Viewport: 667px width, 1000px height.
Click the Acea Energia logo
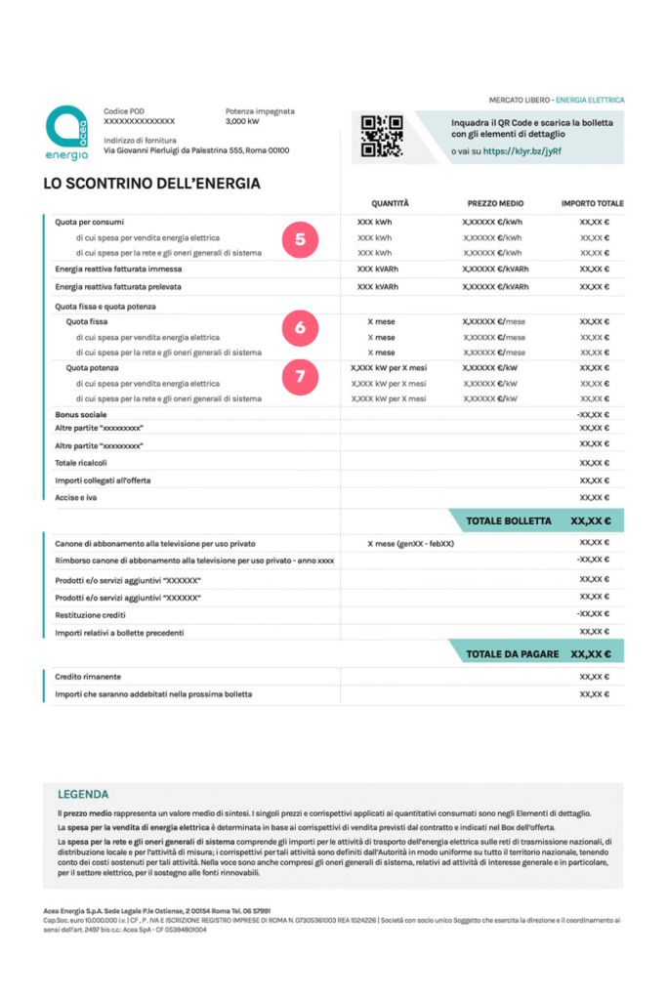[65, 133]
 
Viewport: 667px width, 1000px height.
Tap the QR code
[382, 136]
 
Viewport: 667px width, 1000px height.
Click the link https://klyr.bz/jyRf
[521, 152]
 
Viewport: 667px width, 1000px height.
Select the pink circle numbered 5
[300, 238]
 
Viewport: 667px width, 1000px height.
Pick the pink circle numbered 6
[300, 329]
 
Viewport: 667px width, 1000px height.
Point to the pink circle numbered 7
[300, 376]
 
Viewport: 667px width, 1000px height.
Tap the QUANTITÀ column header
[390, 203]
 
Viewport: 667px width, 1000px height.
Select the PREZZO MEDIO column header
[495, 203]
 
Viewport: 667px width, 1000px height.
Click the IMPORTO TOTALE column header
[592, 203]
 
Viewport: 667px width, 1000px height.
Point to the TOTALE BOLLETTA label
[508, 521]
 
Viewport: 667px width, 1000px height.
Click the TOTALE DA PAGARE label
[512, 654]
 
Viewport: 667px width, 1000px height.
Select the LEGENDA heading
[83, 794]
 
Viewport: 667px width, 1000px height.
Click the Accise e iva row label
[82, 497]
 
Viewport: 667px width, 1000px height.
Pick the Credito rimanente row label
[88, 676]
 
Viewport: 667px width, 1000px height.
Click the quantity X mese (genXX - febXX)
[410, 543]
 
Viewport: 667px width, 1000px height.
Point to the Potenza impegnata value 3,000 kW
[242, 122]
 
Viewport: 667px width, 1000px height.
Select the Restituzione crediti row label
[98, 614]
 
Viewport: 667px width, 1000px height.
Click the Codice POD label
[124, 111]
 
